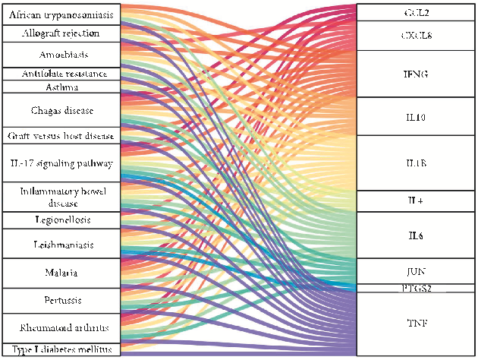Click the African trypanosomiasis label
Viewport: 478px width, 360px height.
coord(60,14)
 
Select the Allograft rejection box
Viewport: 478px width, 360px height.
coord(60,33)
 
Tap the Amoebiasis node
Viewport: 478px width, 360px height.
coord(60,55)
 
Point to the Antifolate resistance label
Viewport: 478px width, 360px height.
coord(60,74)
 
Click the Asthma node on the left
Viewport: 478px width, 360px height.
coord(60,87)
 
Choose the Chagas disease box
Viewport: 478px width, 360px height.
coord(60,110)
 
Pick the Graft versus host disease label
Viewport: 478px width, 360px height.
coord(60,136)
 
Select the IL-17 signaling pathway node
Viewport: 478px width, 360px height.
coord(60,163)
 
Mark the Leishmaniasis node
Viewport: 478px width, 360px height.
coord(60,244)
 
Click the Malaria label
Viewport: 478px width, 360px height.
coord(60,272)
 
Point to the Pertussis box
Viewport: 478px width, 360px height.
coord(60,301)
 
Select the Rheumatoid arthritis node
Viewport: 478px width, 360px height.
coord(60,328)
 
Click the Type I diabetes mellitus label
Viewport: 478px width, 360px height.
coord(60,349)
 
